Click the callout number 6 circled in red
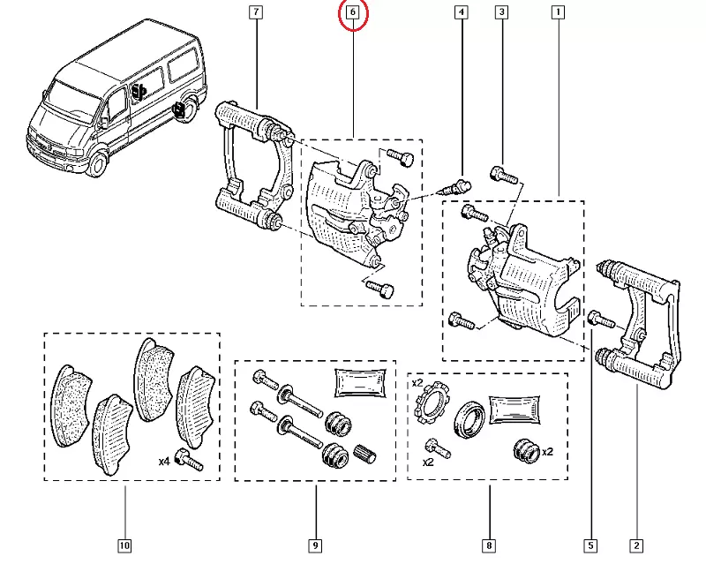(353, 13)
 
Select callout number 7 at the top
(256, 12)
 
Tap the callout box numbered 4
(461, 12)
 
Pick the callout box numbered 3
(501, 12)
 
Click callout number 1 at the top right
(558, 12)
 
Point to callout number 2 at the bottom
(635, 545)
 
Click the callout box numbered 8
(488, 545)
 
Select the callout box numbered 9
(315, 545)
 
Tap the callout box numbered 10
(124, 545)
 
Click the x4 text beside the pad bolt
(164, 461)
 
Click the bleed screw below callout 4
(460, 186)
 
